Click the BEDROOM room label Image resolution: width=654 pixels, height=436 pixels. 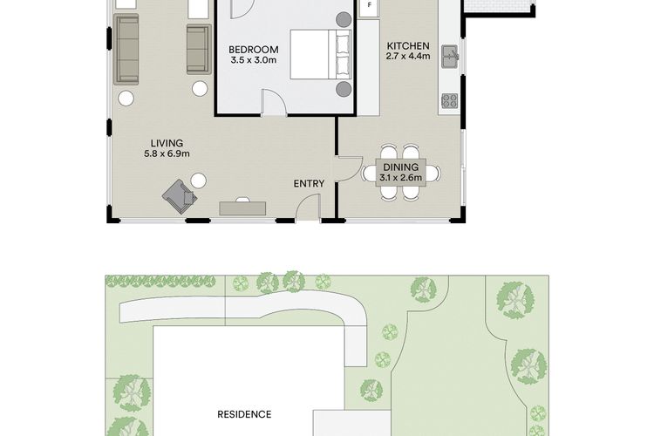(x=253, y=50)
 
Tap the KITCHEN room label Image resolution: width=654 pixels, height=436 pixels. (x=408, y=46)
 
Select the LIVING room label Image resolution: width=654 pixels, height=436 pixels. (x=167, y=144)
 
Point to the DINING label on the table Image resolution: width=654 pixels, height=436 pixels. (x=401, y=167)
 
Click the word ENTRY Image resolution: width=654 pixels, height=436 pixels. (x=309, y=184)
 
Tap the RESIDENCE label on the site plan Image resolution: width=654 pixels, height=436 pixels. (x=244, y=414)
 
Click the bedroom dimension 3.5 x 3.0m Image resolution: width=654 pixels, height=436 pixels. (x=253, y=60)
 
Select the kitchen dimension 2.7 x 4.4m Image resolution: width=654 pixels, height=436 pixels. (x=408, y=56)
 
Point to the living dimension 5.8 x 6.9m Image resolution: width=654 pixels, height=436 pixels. (x=167, y=153)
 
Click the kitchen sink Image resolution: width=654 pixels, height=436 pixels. (x=450, y=57)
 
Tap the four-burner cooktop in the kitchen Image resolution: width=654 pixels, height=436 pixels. (x=450, y=100)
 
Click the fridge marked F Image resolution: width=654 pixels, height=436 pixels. (x=369, y=7)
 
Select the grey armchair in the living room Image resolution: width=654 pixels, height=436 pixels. (x=180, y=196)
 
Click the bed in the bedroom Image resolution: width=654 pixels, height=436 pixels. (x=321, y=54)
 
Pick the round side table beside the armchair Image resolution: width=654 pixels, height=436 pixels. (x=199, y=181)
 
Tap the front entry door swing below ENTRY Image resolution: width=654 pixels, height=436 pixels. (x=308, y=207)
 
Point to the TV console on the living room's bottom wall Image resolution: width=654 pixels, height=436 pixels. (x=242, y=208)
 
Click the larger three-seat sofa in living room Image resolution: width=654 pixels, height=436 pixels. (x=126, y=49)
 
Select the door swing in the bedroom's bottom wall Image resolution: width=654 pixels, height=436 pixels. (x=274, y=101)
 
